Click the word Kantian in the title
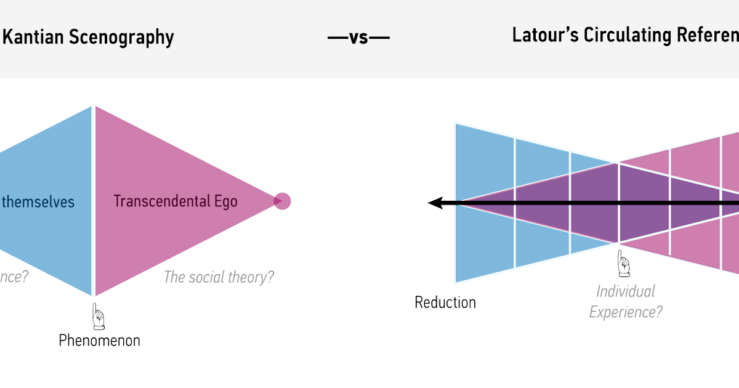click(24, 38)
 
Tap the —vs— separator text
click(358, 38)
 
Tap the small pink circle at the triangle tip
click(282, 201)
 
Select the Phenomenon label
click(99, 340)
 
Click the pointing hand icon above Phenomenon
click(98, 316)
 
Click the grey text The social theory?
click(219, 277)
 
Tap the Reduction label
click(445, 302)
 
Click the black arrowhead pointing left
click(435, 203)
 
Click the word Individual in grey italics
click(626, 291)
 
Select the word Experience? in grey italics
click(626, 312)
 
